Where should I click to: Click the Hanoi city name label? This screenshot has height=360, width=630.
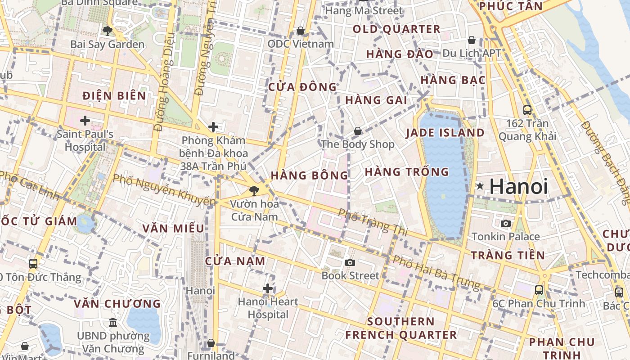point(518,186)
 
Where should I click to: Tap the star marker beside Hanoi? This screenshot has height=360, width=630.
point(480,186)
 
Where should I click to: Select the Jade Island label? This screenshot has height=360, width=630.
point(445,133)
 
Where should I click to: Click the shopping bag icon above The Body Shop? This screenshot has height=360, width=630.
point(357,131)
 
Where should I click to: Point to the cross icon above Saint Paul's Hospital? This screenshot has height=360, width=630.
point(85,121)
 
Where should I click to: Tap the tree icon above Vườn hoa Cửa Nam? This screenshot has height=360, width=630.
point(254,190)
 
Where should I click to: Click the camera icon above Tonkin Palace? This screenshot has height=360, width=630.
point(506,223)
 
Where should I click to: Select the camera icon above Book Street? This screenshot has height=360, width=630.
point(350,262)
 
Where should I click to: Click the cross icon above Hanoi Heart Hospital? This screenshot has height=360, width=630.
point(268,288)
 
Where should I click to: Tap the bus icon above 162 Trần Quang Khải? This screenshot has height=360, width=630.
point(527,110)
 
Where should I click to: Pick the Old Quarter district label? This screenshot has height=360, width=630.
point(396,29)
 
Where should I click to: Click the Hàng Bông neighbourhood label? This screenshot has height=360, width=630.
point(309,175)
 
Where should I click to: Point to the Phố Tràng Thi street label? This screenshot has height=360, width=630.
point(373,222)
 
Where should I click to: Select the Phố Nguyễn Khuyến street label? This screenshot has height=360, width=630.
point(164,189)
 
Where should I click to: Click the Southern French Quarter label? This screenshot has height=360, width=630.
point(401,328)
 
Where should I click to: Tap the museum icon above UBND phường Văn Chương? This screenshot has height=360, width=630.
point(113,323)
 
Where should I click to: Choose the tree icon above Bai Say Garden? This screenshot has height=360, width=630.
point(107,31)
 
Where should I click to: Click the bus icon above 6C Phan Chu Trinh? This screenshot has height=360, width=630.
point(539,290)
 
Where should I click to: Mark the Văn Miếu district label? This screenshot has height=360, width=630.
point(173,228)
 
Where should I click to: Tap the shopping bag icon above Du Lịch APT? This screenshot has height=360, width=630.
point(471,40)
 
